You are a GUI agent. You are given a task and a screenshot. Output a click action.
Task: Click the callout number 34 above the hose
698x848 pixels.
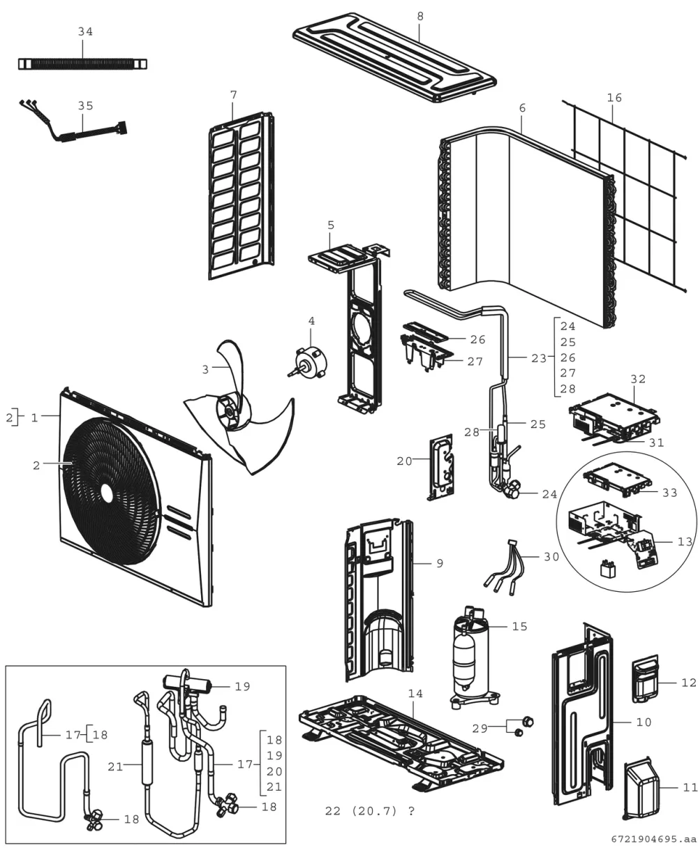coord(85,32)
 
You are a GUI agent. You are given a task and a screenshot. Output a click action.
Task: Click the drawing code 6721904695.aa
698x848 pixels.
coord(654,840)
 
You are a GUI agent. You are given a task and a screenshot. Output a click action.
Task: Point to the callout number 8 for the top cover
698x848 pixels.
coord(420,17)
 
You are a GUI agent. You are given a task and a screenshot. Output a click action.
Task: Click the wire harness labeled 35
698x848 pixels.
coord(73,125)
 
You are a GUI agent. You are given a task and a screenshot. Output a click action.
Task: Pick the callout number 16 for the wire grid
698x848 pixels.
coord(614,98)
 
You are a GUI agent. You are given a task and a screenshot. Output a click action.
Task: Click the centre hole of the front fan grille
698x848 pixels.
coord(107,493)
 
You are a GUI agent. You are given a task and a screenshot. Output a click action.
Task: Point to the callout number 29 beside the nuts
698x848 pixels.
coord(480,728)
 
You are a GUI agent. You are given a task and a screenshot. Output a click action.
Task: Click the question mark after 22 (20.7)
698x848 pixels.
coord(411,811)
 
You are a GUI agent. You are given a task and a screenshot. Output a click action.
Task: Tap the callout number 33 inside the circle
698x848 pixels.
coord(670,493)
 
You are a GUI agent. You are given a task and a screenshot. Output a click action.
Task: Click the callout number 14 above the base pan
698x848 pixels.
coord(415,694)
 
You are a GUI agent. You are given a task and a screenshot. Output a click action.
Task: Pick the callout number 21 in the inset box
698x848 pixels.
coord(115,767)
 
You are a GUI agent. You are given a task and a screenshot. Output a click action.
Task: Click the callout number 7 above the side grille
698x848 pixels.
coord(234,95)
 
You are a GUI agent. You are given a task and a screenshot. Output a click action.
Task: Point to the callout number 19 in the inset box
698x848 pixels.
coord(242,686)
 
